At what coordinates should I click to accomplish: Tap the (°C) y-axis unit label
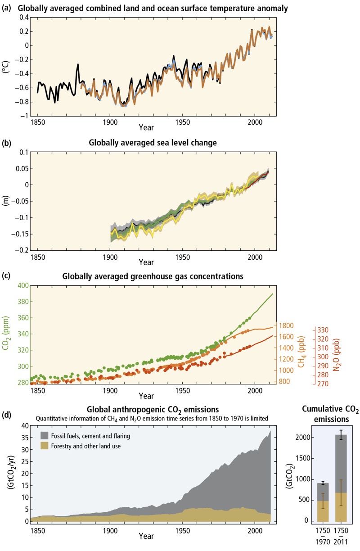pos(9,67)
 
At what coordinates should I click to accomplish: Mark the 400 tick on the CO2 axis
pos(23,285)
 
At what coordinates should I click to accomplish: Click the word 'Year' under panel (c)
pos(146,396)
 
